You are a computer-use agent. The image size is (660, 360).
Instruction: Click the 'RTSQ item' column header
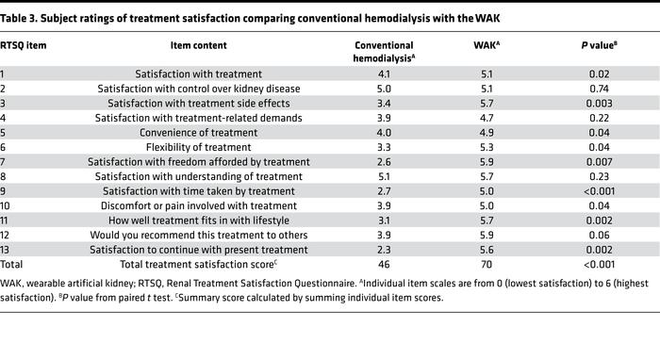pos(25,44)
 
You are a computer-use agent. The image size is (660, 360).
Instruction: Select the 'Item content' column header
pos(198,44)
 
